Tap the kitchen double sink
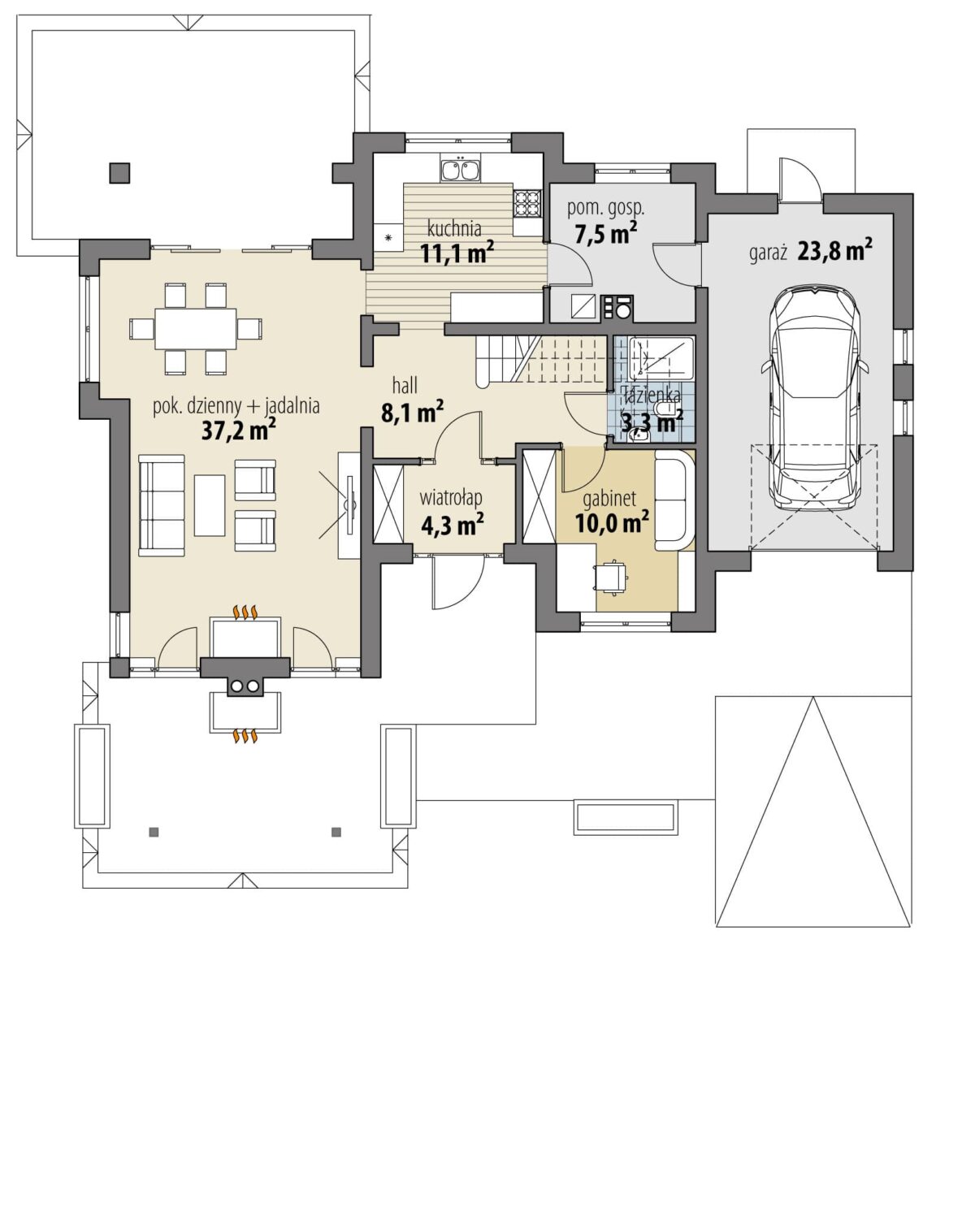[x=460, y=169]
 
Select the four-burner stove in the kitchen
[x=526, y=203]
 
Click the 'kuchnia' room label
[x=454, y=229]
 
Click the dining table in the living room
[x=196, y=328]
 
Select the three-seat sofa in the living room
[x=162, y=505]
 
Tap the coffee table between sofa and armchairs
[x=210, y=504]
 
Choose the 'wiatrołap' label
[x=450, y=498]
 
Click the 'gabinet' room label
[x=609, y=499]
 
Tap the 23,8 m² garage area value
[x=834, y=250]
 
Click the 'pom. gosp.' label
[x=605, y=208]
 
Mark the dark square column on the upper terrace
[x=119, y=173]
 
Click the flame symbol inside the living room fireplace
[x=246, y=612]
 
